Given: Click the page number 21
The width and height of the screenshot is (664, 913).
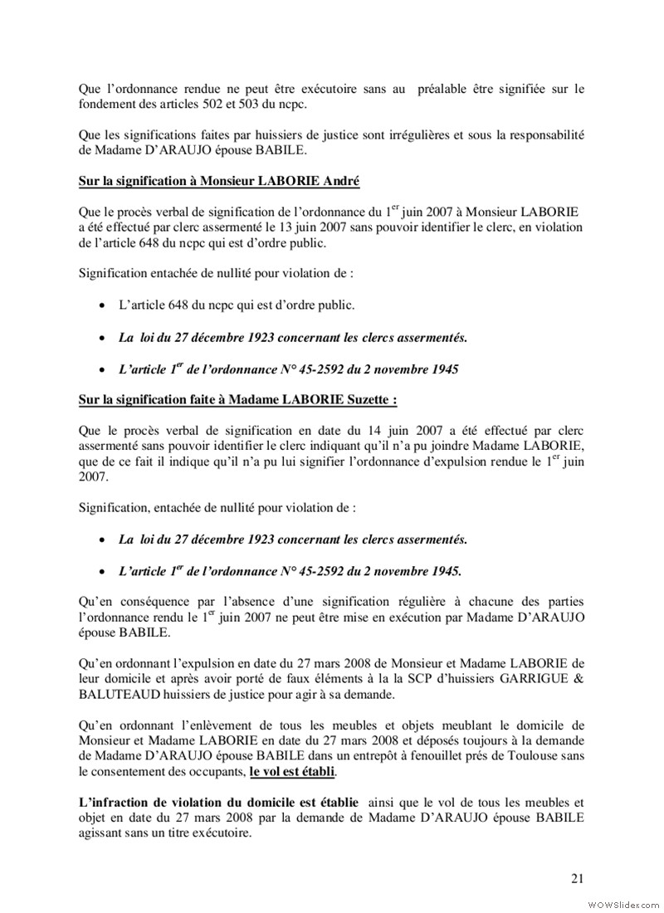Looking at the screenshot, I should pos(576,879).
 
